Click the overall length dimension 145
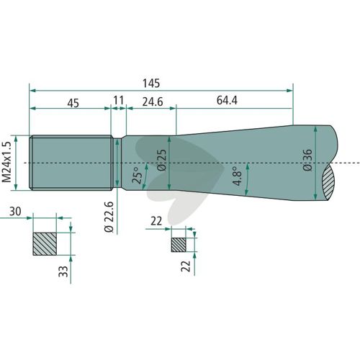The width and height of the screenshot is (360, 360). click(x=151, y=84)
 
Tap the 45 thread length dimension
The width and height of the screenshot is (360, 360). click(x=73, y=103)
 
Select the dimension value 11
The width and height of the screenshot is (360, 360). click(x=119, y=100)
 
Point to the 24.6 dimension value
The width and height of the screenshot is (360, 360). click(x=153, y=102)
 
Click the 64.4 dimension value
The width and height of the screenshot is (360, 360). click(x=227, y=100)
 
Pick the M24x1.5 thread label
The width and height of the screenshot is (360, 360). click(x=6, y=162)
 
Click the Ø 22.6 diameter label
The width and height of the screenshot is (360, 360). click(x=109, y=217)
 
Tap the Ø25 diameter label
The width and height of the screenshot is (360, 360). click(x=161, y=160)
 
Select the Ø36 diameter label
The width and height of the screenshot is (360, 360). click(x=307, y=160)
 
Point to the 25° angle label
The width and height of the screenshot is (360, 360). click(x=138, y=175)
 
